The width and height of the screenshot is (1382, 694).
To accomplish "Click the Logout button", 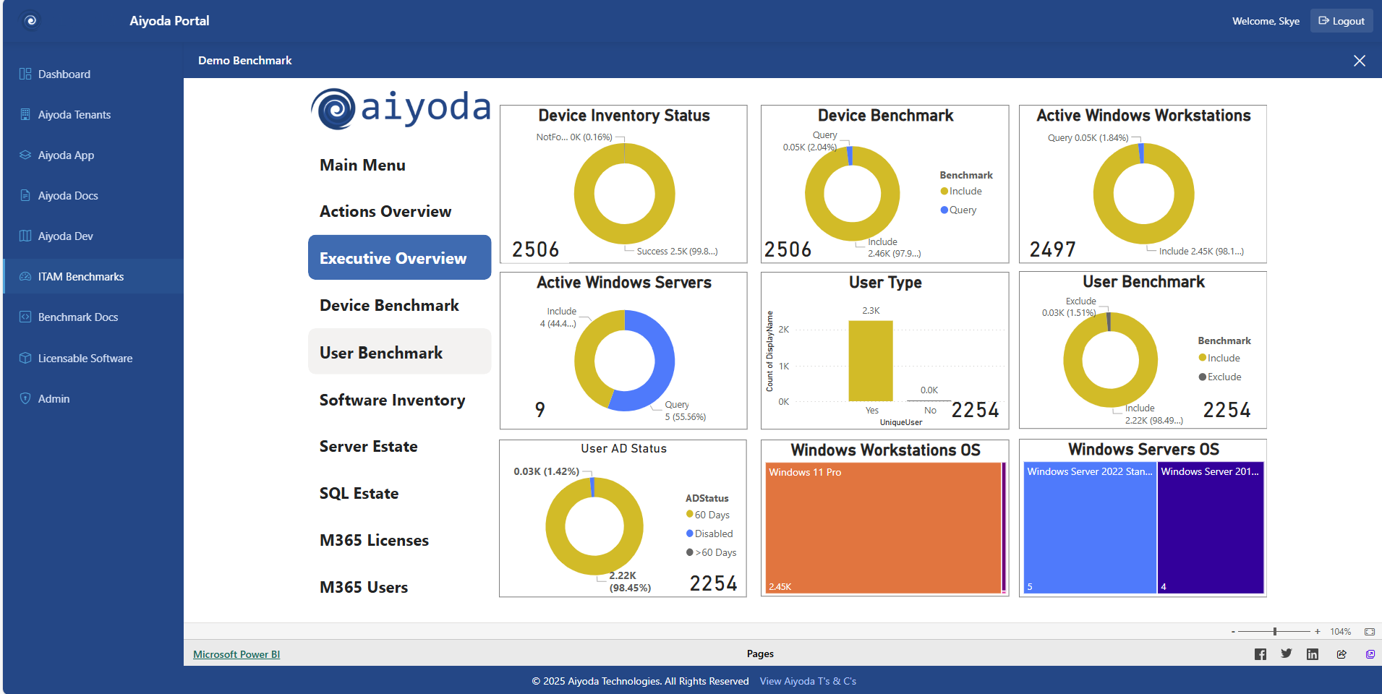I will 1342,21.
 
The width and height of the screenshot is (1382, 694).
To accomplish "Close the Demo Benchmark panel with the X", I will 1360,61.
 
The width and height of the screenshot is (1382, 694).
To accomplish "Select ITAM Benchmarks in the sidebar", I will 80,277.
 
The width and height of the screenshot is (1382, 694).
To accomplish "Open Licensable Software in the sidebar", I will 85,359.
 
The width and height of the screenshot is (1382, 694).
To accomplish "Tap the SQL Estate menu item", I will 359,494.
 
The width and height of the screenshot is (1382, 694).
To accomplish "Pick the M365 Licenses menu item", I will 374,541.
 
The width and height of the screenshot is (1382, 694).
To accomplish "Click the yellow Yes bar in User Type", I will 871,361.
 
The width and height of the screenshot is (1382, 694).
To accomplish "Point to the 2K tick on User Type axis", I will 784,330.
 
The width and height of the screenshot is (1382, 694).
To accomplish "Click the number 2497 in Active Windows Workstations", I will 1052,249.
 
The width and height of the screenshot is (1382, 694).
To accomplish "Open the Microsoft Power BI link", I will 236,654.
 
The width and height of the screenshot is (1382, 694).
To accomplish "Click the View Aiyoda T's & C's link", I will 808,681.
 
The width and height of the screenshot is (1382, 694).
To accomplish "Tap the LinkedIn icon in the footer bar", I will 1312,654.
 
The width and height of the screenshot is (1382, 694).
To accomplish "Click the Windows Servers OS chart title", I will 1143,450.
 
